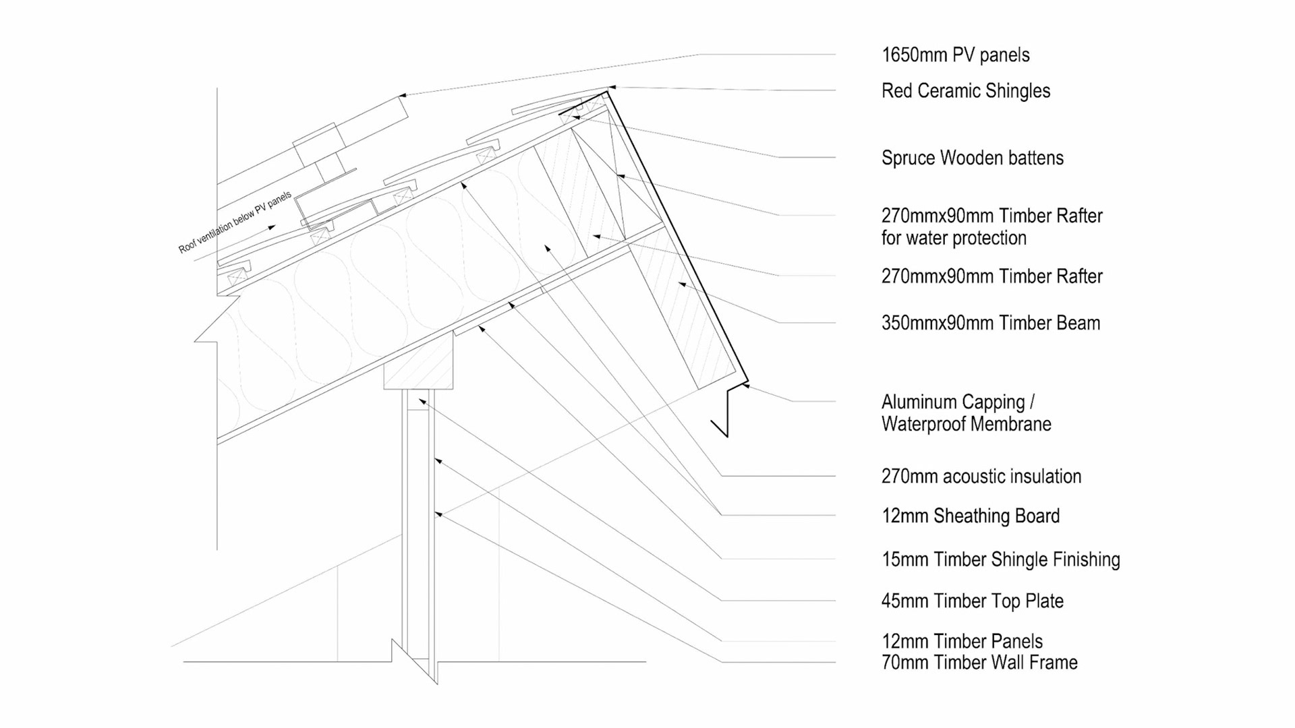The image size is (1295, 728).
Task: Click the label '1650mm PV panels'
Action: pyautogui.click(x=955, y=55)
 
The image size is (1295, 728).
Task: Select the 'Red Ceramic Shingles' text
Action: pyautogui.click(x=965, y=91)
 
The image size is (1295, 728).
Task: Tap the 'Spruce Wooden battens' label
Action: pyautogui.click(x=972, y=158)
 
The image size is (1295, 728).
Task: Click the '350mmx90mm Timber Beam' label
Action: pyautogui.click(x=990, y=324)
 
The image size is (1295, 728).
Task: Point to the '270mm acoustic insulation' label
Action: pyautogui.click(x=981, y=477)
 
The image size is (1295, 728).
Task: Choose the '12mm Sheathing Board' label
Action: pyautogui.click(x=970, y=516)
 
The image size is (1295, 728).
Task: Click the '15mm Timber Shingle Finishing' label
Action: pyautogui.click(x=1000, y=559)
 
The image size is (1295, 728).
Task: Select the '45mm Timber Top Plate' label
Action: pyautogui.click(x=972, y=601)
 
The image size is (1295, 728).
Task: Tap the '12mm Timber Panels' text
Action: pyautogui.click(x=961, y=641)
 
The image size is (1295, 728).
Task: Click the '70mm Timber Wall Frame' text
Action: pyautogui.click(x=979, y=663)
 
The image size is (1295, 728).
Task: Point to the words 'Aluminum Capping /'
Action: pyautogui.click(x=958, y=402)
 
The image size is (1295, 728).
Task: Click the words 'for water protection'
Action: pyautogui.click(x=953, y=238)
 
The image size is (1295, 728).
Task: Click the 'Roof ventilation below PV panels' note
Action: pyautogui.click(x=235, y=222)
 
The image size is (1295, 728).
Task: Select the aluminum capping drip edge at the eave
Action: pyautogui.click(x=727, y=411)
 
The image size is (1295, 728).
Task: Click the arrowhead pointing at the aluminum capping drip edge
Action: pyautogui.click(x=746, y=386)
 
